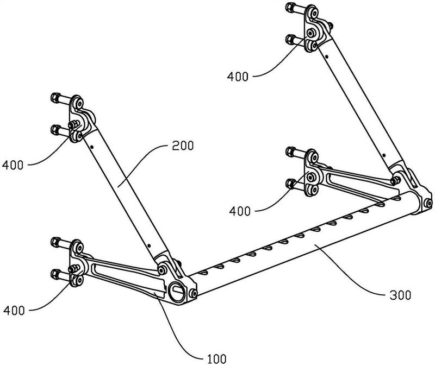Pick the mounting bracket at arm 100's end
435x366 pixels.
[76, 263]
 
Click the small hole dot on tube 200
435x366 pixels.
[93, 146]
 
